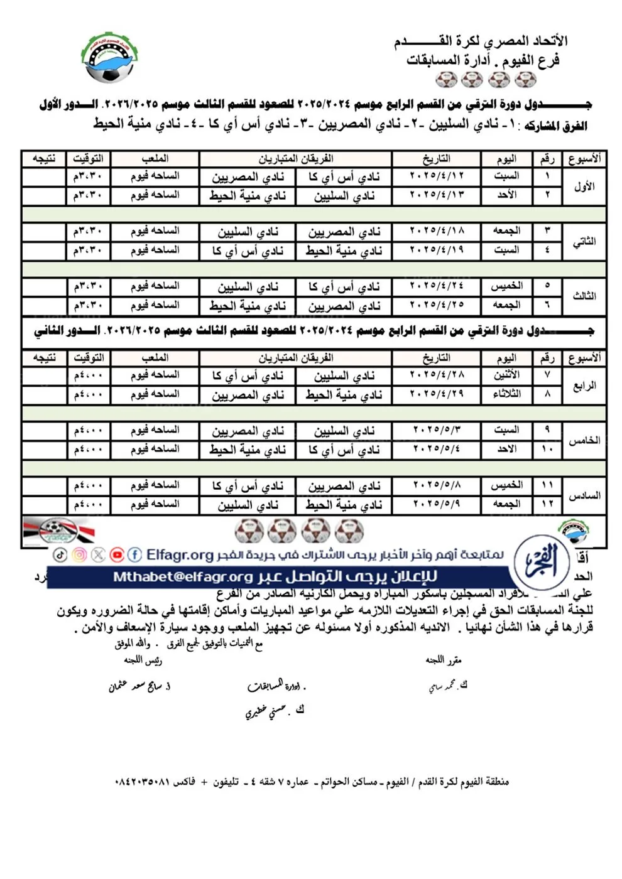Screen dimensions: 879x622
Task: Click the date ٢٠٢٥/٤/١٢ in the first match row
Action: point(436,176)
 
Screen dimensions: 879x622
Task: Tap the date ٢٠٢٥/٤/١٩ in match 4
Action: point(436,251)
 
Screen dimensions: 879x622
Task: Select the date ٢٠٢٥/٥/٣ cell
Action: point(436,430)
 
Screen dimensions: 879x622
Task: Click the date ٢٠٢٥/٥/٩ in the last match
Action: point(436,504)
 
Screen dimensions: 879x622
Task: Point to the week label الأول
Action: point(584,186)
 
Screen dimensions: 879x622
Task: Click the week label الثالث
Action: point(584,296)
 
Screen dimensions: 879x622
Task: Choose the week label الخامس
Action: point(584,441)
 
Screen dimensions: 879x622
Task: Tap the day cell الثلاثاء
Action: point(506,394)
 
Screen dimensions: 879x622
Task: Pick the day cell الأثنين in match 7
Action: point(506,375)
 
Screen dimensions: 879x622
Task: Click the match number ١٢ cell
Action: point(547,504)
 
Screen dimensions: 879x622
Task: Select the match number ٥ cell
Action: point(547,286)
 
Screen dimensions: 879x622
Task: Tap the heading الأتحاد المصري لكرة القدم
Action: point(481,41)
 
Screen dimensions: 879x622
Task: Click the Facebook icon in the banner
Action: point(134,554)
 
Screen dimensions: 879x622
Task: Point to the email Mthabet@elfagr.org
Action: point(182,577)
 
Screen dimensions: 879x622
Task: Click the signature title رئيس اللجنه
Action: point(143,661)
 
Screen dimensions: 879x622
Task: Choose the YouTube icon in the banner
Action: point(117,554)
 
